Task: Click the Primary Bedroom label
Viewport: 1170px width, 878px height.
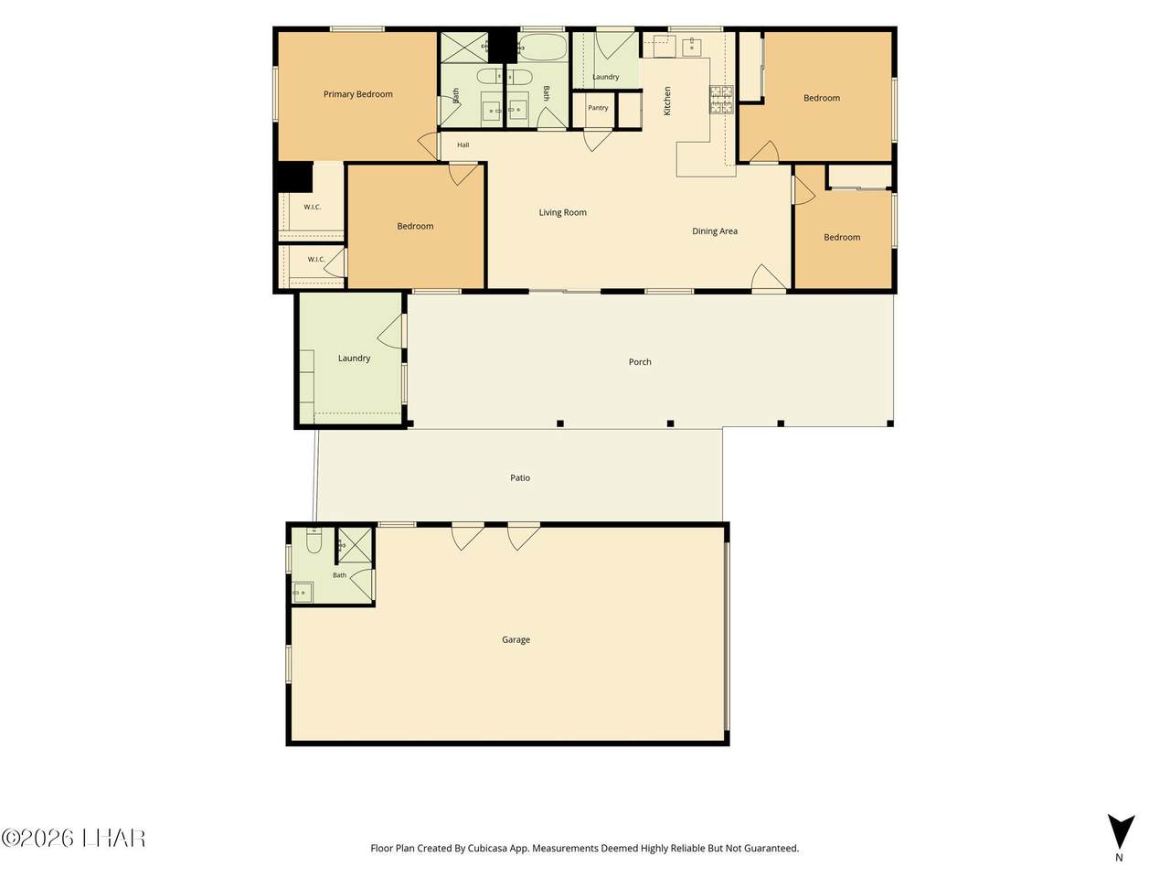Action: pyautogui.click(x=357, y=94)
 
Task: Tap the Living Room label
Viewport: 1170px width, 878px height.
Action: pyautogui.click(x=562, y=213)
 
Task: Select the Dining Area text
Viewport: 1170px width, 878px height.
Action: pyautogui.click(x=714, y=231)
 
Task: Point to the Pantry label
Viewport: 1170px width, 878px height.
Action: pyautogui.click(x=598, y=108)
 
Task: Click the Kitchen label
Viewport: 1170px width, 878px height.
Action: pyautogui.click(x=667, y=101)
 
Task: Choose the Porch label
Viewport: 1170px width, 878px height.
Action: pyautogui.click(x=640, y=362)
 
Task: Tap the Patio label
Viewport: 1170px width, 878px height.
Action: pyautogui.click(x=520, y=478)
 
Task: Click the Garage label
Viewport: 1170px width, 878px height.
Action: pyautogui.click(x=516, y=639)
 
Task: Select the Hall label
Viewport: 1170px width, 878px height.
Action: pyautogui.click(x=463, y=145)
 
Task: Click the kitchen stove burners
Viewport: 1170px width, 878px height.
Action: pyautogui.click(x=720, y=100)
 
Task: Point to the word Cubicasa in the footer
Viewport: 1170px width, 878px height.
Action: pyautogui.click(x=486, y=848)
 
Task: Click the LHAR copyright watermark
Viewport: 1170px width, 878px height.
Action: pyautogui.click(x=73, y=839)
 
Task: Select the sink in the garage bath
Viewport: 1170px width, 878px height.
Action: pyautogui.click(x=303, y=593)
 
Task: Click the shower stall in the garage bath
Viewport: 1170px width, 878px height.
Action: pyautogui.click(x=355, y=545)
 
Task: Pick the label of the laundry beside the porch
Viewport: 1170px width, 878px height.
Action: pyautogui.click(x=354, y=359)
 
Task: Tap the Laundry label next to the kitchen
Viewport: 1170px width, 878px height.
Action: pyautogui.click(x=605, y=77)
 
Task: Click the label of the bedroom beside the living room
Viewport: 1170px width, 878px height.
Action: pyautogui.click(x=415, y=227)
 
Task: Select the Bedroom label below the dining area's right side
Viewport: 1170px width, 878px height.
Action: pyautogui.click(x=842, y=238)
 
